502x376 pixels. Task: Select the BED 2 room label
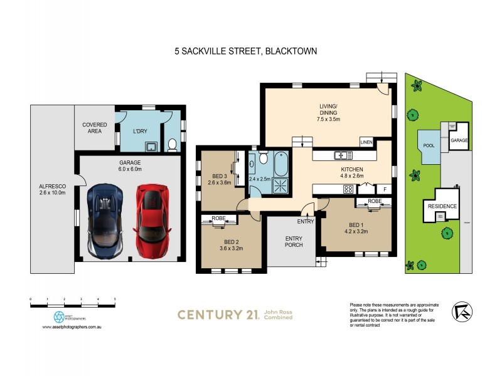(x=232, y=244)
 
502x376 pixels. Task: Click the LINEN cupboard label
(x=366, y=142)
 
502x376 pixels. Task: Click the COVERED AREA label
(x=94, y=128)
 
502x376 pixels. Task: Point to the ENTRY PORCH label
(x=294, y=241)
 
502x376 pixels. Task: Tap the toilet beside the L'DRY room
(x=172, y=145)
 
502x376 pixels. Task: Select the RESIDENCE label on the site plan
(x=442, y=206)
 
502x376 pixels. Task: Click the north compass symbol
(x=462, y=311)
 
